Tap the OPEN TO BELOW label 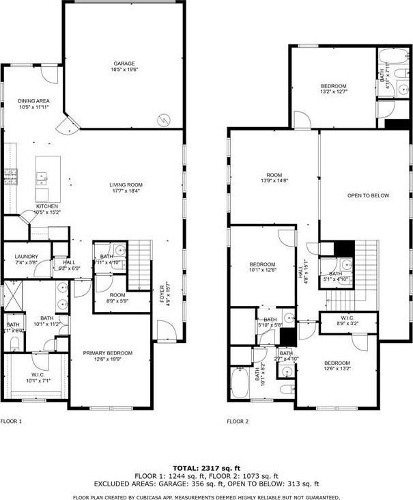(x=368, y=196)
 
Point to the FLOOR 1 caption (x=12, y=421)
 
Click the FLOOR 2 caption (x=238, y=421)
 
